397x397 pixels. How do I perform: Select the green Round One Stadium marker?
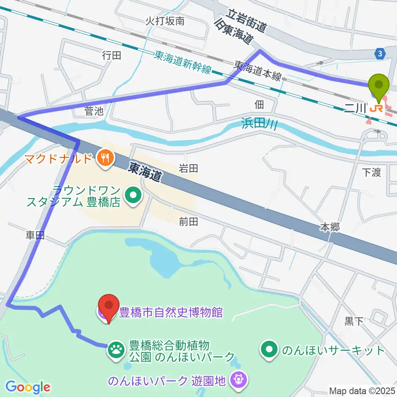tap(133, 194)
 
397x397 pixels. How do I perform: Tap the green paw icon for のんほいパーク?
tap(116, 350)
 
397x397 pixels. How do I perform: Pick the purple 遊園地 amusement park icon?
tap(238, 379)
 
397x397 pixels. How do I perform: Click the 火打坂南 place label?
tap(165, 22)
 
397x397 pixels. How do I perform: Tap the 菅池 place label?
tap(93, 110)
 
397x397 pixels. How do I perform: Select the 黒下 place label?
tap(354, 321)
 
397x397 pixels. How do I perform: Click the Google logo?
tap(27, 387)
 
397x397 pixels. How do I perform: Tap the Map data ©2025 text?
tap(362, 390)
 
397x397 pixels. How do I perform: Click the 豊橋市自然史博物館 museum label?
tap(171, 312)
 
